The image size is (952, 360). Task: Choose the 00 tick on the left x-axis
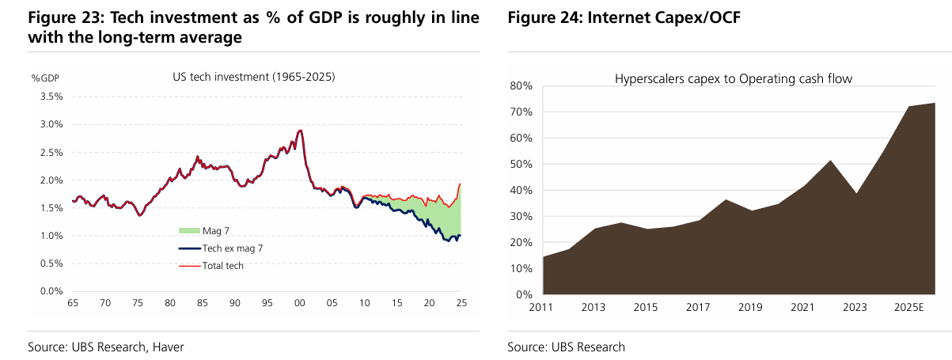(299, 304)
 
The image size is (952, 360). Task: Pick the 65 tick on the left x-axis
(72, 304)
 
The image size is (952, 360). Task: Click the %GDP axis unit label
(44, 78)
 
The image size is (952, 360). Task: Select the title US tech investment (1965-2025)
(253, 78)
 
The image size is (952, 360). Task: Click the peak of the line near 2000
(300, 130)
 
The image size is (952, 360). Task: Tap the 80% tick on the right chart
(522, 85)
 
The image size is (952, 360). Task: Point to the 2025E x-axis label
(908, 307)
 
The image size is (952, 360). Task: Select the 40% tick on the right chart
(522, 190)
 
